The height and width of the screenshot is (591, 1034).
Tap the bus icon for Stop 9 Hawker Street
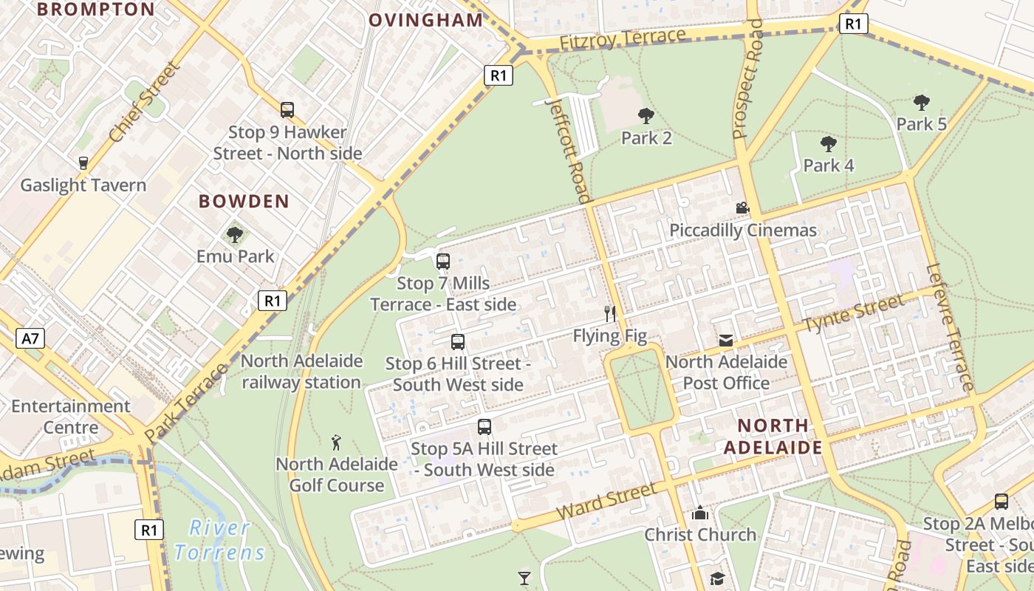pos(287,110)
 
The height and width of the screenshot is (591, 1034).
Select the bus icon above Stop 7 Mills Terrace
pos(443,262)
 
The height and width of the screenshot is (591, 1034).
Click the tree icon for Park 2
pos(646,116)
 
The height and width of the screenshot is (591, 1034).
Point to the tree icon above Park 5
pos(921,103)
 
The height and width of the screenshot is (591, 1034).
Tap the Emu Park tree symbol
pos(235,235)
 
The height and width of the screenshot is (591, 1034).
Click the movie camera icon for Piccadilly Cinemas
pos(742,208)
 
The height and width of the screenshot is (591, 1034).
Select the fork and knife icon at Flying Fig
pos(610,314)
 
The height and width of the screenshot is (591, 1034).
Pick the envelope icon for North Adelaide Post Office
pos(726,341)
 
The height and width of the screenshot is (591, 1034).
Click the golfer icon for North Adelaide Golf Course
pos(337,443)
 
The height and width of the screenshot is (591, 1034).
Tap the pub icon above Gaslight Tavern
pos(83,163)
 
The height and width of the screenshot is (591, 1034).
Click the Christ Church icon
pos(699,513)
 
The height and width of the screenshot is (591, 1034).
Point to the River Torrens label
pos(219,540)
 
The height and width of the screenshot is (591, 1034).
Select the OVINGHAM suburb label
pos(425,20)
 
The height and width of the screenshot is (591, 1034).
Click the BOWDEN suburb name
pos(244,202)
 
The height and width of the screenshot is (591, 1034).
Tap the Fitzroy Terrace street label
pos(623,40)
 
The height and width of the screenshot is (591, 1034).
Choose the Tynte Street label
pos(853,314)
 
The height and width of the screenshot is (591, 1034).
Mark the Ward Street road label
pos(606,502)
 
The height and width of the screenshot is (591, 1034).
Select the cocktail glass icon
pos(524,578)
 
